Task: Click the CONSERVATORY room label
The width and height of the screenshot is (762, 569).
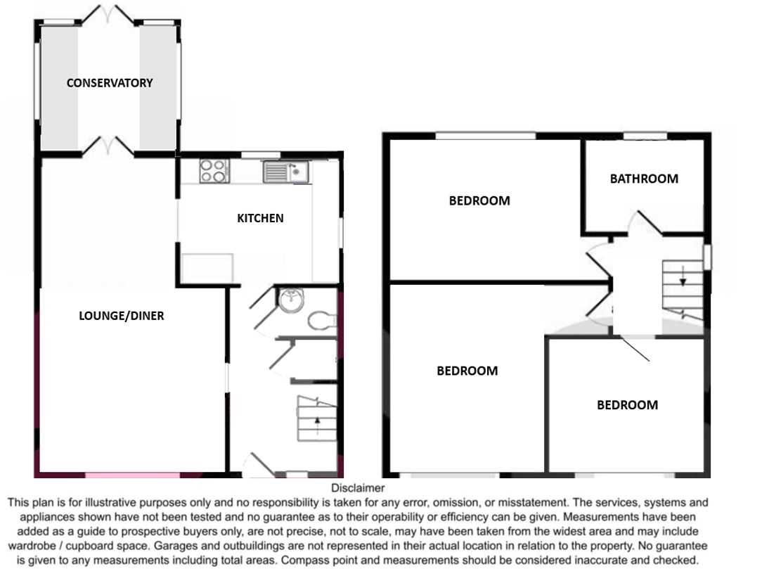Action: [x=110, y=83]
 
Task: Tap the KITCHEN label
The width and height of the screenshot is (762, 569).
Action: [x=260, y=218]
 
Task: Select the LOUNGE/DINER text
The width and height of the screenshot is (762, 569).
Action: [x=122, y=316]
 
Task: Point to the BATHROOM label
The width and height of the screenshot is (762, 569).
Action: [x=644, y=179]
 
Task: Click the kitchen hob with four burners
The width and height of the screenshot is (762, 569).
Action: [x=214, y=171]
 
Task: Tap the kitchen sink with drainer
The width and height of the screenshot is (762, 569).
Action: [x=285, y=172]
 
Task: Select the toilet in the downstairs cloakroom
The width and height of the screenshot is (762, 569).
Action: [x=322, y=320]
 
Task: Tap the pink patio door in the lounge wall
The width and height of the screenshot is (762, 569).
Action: [x=133, y=475]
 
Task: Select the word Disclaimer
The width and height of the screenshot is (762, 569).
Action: [x=358, y=488]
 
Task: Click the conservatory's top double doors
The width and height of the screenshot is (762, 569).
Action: [x=108, y=15]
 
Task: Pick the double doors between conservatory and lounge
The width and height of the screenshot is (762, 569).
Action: [x=108, y=146]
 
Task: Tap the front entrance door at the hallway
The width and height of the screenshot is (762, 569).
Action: [x=257, y=465]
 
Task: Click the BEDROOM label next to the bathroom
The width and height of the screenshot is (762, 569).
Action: [x=479, y=201]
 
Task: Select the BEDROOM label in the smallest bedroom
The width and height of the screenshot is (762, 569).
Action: [x=628, y=405]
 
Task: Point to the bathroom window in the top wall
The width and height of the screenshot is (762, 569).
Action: [x=645, y=136]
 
